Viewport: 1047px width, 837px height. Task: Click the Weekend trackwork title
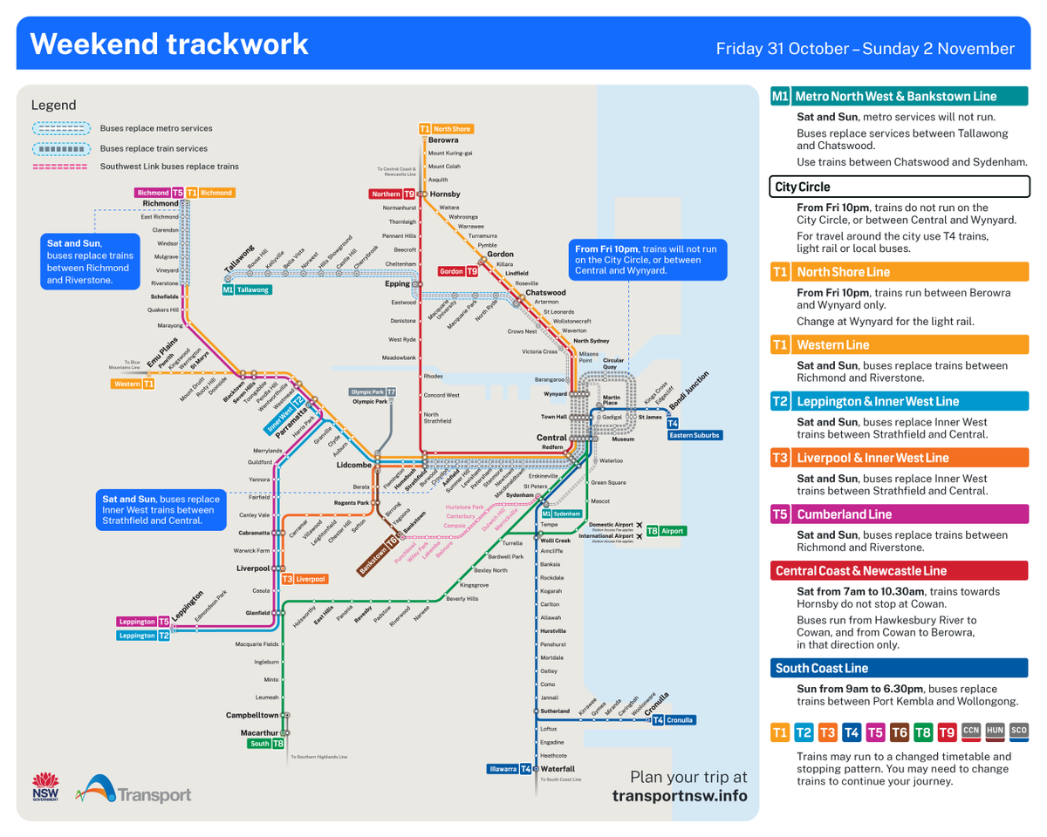pos(169,44)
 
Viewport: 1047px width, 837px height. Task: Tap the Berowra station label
pos(444,140)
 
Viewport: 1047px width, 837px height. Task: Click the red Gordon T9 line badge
pos(458,271)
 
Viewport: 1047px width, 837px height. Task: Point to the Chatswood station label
pos(546,292)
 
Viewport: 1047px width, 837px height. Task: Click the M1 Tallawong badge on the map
pos(245,289)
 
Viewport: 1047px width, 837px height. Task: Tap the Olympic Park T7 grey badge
pos(373,392)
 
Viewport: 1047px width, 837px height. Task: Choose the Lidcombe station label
pos(354,465)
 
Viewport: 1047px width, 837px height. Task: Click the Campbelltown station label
pos(252,715)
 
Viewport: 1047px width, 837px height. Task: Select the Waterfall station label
pos(558,768)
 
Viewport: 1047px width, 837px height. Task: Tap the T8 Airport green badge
pos(665,530)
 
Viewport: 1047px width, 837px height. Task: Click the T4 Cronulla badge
pos(673,720)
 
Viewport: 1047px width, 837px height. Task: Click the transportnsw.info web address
pos(680,796)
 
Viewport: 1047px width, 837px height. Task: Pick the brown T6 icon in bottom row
pos(899,732)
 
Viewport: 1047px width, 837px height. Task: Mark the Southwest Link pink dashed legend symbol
pos(59,166)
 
